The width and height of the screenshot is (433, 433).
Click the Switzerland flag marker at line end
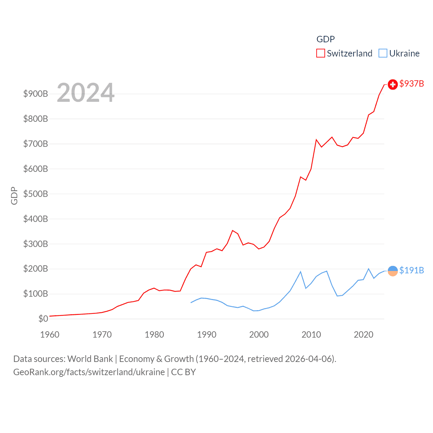[392, 84]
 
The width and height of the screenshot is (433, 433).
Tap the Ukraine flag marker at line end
[392, 271]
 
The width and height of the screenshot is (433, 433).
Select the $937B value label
[411, 84]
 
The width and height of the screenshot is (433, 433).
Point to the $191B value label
[411, 270]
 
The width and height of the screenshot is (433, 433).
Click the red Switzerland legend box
[320, 53]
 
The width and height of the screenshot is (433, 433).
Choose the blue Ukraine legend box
[383, 53]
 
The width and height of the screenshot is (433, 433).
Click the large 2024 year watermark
[86, 93]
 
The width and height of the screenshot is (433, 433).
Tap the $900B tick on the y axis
[36, 94]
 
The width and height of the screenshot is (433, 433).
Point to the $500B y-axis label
[36, 194]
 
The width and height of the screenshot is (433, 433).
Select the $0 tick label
[43, 319]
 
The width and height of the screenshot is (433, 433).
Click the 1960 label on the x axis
[50, 335]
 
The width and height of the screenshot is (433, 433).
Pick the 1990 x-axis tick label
[207, 335]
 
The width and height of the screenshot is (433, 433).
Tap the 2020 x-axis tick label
[364, 335]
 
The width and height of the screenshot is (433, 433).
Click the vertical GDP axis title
[14, 196]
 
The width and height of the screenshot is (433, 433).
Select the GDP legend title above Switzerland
[325, 39]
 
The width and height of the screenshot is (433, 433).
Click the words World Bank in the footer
[90, 359]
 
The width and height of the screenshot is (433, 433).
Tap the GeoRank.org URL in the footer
[89, 372]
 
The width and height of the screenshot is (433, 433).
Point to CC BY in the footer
[183, 372]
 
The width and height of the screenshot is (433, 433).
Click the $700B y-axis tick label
[36, 144]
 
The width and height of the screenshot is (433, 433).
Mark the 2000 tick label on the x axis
[259, 335]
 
